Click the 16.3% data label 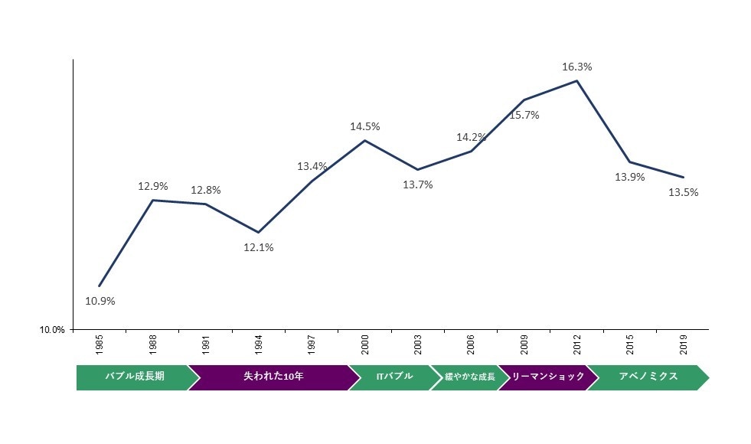tap(576, 67)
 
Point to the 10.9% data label tap(100, 301)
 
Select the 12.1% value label tap(259, 247)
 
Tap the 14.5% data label tap(365, 126)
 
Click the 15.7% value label tap(524, 115)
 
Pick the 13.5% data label tap(683, 192)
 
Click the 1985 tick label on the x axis tap(100, 345)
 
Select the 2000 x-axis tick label tap(365, 345)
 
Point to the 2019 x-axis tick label tap(684, 345)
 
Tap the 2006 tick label tap(472, 345)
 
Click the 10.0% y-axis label tap(52, 330)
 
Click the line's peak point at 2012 tap(576, 80)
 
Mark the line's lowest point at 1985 tap(100, 286)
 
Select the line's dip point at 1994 tap(259, 232)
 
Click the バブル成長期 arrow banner tap(133, 377)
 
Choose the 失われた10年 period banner tap(273, 377)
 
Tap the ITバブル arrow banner tap(393, 377)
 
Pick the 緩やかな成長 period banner tap(469, 377)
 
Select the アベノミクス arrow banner tap(648, 377)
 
